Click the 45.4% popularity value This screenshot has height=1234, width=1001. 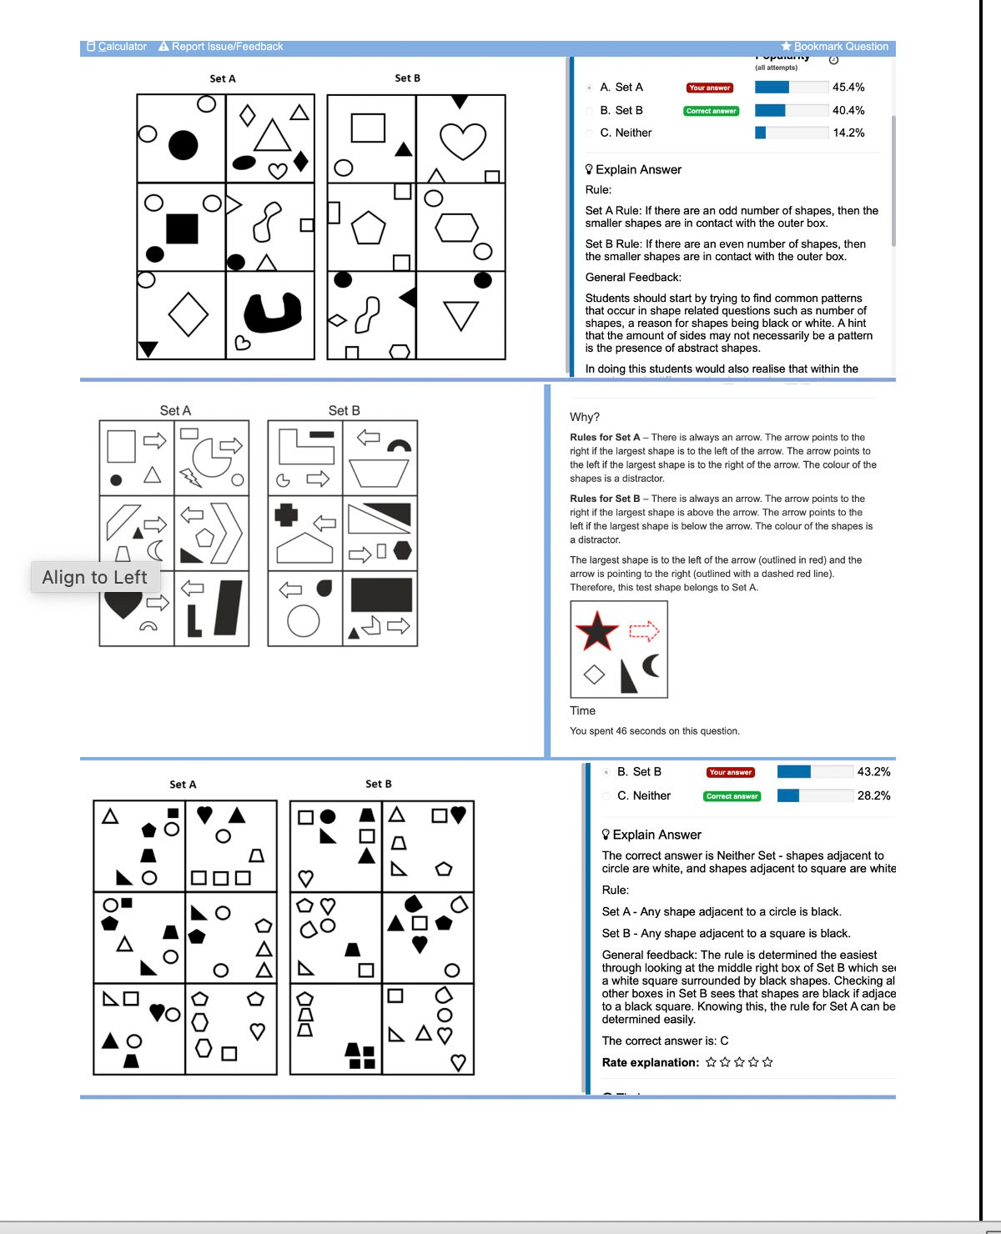coord(848,88)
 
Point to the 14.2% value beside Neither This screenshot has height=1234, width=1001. coord(848,133)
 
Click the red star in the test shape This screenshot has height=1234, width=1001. coord(597,631)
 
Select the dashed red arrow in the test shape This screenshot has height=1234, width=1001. coord(643,631)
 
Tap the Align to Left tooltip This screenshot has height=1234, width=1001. coord(95,577)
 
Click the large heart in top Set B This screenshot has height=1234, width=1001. coord(462,140)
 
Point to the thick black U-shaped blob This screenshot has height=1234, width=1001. coord(272,311)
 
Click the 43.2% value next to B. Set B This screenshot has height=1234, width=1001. coord(873,772)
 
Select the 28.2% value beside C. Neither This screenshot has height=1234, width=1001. coord(873,795)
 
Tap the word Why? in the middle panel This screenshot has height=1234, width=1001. coord(585,417)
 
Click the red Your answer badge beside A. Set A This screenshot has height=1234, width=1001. coord(709,88)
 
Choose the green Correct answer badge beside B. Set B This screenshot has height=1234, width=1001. coord(711,111)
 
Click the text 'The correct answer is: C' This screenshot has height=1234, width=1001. coord(665,1041)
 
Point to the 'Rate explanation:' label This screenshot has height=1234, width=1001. coord(651,1062)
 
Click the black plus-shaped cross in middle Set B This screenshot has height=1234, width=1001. coord(286,514)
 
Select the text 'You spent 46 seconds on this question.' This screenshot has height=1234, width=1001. coord(654,731)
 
